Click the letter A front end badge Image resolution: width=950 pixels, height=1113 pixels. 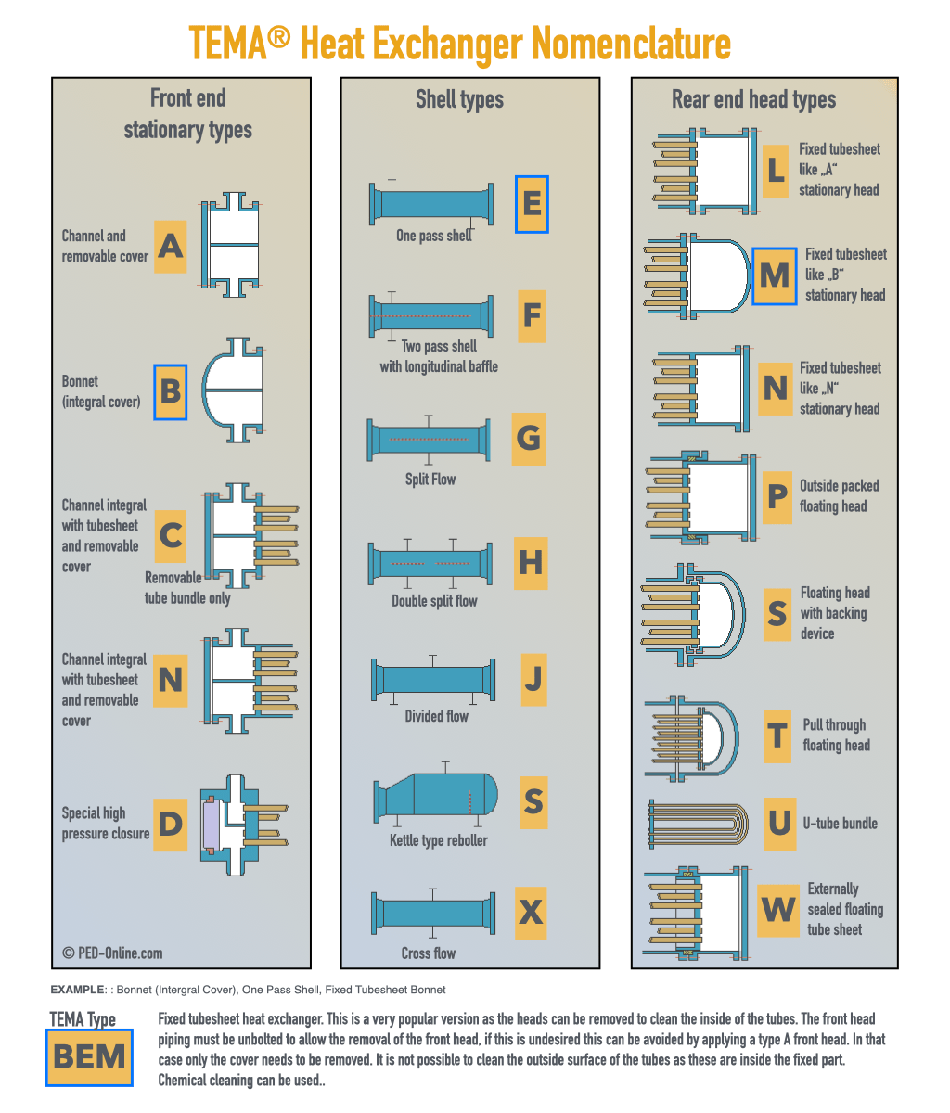[x=170, y=246]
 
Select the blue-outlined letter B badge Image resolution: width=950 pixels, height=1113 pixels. [x=170, y=391]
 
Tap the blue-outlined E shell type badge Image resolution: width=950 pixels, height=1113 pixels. [x=532, y=203]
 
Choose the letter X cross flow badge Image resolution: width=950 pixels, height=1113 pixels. [x=532, y=912]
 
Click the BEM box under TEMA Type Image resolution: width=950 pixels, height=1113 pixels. [x=89, y=1056]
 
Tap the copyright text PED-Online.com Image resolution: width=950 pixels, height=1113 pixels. [x=112, y=953]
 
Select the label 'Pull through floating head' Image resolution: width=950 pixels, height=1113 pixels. [x=835, y=735]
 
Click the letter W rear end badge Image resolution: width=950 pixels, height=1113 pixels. [x=778, y=909]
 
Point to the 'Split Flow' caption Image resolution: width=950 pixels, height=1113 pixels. [x=430, y=480]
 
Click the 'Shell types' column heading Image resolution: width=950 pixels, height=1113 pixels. [x=459, y=99]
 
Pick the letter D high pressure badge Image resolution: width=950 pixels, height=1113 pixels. [x=170, y=824]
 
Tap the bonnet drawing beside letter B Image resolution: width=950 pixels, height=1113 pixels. [x=233, y=390]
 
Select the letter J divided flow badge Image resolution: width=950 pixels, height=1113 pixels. [x=533, y=679]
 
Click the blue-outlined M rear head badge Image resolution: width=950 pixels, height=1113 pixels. [x=775, y=275]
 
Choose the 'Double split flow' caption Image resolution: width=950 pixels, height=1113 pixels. [x=434, y=600]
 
